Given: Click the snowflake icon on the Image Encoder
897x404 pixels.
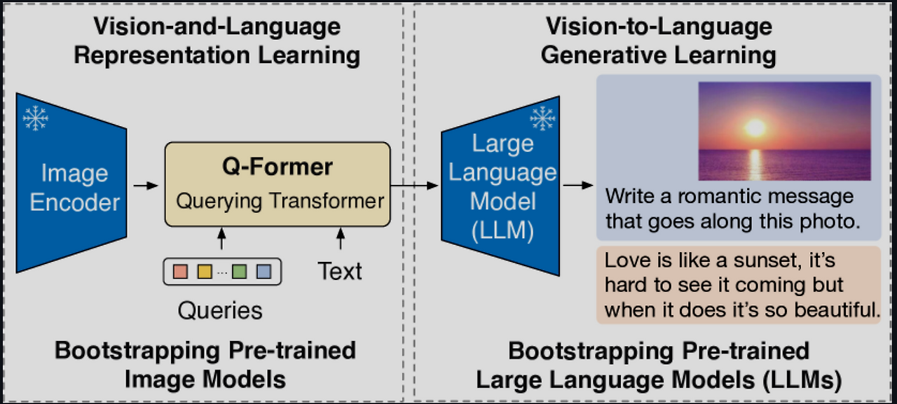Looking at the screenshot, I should click(36, 118).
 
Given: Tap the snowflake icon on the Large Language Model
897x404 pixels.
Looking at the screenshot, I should click(542, 119).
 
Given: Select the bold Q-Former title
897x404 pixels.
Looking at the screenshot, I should click(278, 167).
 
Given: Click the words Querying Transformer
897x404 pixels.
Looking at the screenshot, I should click(280, 201).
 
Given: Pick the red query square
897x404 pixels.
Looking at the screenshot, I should click(180, 271).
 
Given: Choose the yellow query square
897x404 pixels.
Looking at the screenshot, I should click(205, 271).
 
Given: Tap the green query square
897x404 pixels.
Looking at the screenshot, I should click(240, 271).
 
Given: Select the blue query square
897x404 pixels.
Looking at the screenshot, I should click(263, 271).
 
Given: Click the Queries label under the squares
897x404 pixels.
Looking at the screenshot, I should click(220, 310).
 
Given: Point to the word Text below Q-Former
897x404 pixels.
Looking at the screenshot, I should click(340, 271).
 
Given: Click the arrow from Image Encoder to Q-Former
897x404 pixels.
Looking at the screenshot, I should click(145, 186).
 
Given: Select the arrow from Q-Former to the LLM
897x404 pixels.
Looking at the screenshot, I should click(415, 186).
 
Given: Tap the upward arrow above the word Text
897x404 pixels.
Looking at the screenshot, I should click(341, 239).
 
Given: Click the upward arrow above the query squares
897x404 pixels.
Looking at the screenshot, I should click(222, 239).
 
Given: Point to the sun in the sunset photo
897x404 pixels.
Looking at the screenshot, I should click(755, 127).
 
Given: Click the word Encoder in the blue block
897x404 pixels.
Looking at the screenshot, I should click(75, 203).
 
